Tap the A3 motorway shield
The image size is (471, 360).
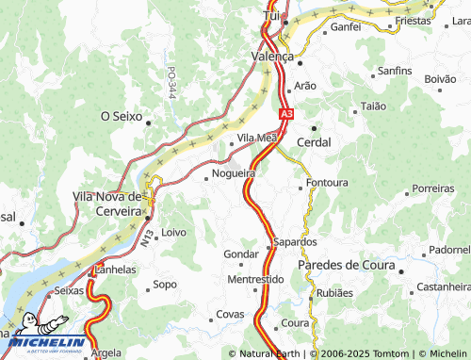285,114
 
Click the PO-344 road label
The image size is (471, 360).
171,83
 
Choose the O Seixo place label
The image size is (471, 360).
121,117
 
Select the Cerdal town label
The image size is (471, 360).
314,141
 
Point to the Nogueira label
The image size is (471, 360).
234,173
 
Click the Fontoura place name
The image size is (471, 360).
327,182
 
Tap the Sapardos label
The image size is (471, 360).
295,242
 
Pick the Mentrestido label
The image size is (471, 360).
255,280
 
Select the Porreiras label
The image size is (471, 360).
433,188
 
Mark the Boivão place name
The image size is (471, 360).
440,79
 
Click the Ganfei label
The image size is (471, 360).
346,27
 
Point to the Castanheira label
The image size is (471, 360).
443,286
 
